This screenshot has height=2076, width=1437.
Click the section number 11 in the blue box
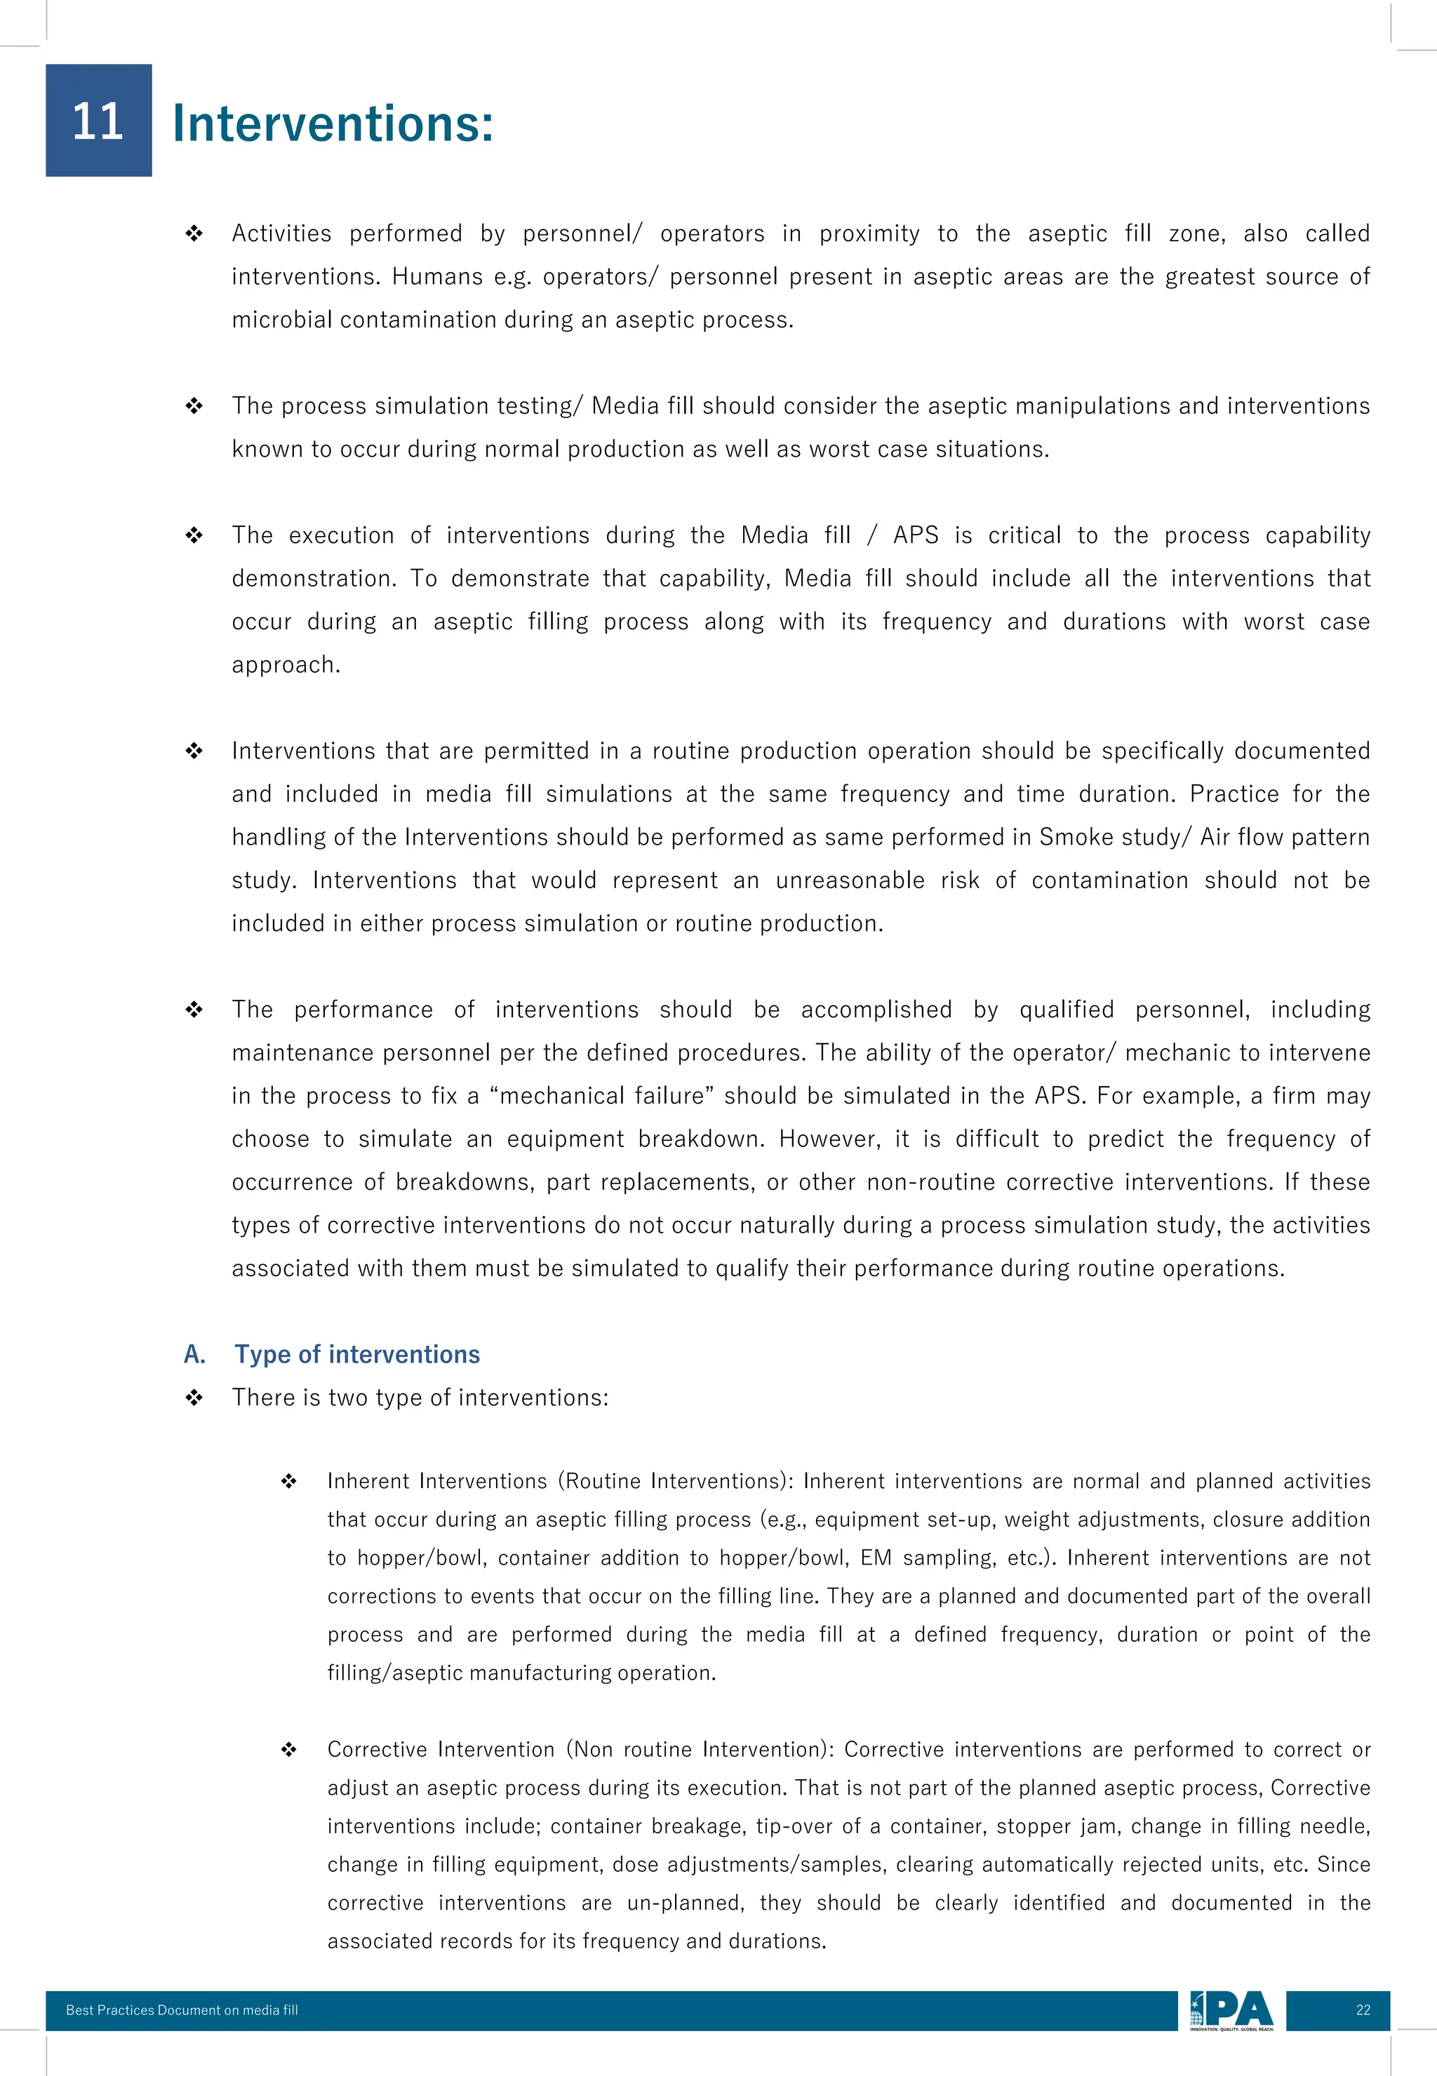(98, 121)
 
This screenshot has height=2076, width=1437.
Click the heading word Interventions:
(333, 123)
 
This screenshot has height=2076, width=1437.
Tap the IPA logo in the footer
(1231, 2010)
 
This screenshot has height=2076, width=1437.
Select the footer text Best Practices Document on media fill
(181, 2010)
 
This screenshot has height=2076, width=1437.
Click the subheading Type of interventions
(356, 1354)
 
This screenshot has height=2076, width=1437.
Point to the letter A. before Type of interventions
(194, 1354)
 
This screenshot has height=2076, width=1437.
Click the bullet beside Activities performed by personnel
(194, 234)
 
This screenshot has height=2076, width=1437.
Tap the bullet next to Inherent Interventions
(288, 1481)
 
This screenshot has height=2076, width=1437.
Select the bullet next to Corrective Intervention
(288, 1749)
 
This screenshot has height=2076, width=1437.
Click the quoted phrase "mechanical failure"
(601, 1096)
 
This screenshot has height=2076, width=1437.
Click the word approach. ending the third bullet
(286, 665)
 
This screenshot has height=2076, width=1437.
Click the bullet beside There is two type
(194, 1398)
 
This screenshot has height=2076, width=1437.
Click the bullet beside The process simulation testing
(194, 406)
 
